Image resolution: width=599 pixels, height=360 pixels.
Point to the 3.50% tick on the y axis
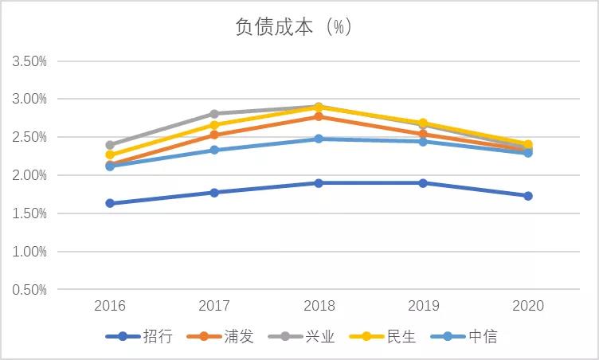tap(29, 61)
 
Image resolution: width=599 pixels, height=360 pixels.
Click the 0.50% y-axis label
tap(29, 289)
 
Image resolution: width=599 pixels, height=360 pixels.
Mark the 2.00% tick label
tap(29, 175)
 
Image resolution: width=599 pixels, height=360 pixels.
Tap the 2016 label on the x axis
tap(110, 306)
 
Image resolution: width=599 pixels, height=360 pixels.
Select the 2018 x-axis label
tap(319, 306)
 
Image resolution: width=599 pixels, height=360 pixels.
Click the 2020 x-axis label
tap(527, 306)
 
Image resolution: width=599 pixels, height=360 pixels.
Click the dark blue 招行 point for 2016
tap(110, 203)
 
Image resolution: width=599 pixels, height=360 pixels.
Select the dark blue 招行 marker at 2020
tap(527, 196)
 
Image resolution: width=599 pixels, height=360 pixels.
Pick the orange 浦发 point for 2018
tap(319, 116)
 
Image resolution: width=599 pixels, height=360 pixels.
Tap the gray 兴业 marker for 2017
tap(214, 114)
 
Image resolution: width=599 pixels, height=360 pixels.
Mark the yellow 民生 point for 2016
tap(110, 155)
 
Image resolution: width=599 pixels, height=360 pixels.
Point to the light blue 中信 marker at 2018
tap(319, 139)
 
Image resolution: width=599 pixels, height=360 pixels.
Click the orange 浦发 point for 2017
tap(214, 135)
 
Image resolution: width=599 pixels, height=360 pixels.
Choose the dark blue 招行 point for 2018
tap(319, 183)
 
